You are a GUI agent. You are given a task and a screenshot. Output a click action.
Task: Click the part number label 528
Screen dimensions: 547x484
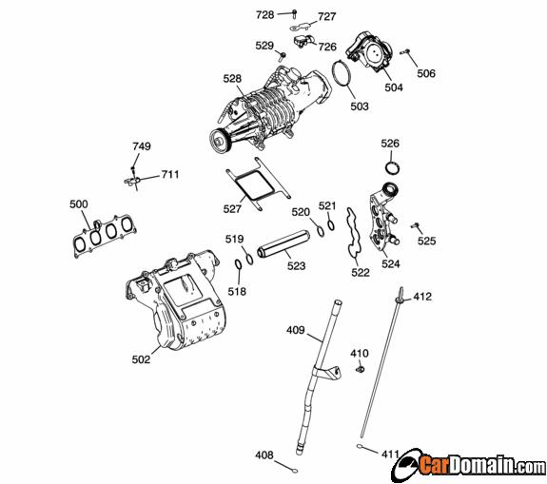coord(232,79)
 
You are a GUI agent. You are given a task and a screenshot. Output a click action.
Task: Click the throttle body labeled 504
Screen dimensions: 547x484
coord(369,51)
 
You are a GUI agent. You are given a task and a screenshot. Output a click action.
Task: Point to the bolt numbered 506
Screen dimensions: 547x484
coord(405,52)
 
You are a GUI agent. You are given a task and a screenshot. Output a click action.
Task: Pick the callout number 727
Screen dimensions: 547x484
coord(327,16)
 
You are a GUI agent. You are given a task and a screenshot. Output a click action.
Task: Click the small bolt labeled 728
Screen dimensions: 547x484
coord(294,14)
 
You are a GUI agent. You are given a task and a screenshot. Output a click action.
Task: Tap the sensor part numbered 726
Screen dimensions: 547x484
coord(303,41)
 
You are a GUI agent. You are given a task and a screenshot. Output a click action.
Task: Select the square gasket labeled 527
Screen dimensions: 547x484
coord(258,184)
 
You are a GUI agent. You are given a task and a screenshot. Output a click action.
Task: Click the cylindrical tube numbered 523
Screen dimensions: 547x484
coord(283,243)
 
